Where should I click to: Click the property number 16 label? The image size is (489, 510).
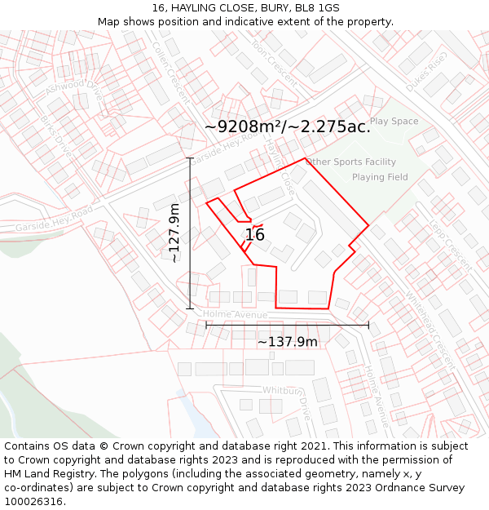point(255,235)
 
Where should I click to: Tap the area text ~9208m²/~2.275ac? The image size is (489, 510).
point(288,127)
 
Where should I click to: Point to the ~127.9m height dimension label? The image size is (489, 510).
point(174,233)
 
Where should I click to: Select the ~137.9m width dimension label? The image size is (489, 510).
point(288,342)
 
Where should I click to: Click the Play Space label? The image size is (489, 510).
point(394,122)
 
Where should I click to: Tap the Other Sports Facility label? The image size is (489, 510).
point(351,162)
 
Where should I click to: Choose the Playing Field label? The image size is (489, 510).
point(380,177)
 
